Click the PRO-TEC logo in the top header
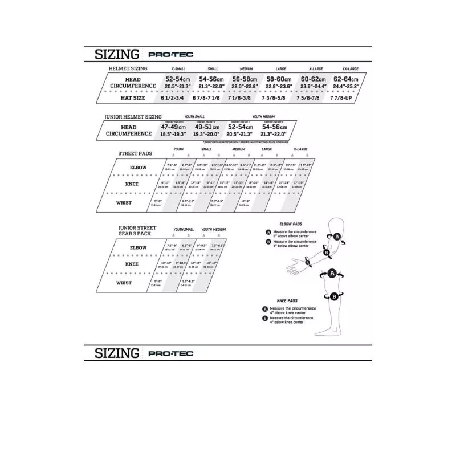tap(170, 55)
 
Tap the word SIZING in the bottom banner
tap(117, 353)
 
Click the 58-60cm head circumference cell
tap(279, 79)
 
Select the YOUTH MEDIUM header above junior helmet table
tap(260, 116)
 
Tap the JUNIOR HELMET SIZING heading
tap(133, 116)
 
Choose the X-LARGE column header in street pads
tap(300, 149)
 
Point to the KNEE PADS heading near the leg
tap(288, 300)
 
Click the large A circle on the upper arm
tap(337, 237)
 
